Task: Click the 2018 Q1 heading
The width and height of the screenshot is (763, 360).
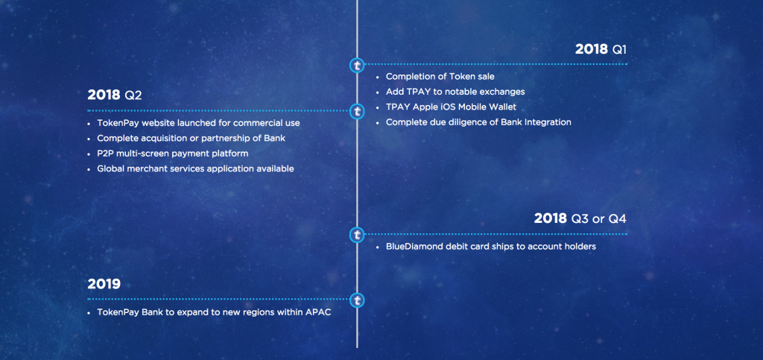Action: [601, 49]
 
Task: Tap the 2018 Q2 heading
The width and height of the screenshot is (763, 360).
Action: [115, 95]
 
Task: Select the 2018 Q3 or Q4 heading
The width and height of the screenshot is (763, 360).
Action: [580, 218]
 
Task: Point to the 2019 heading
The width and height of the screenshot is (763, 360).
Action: [104, 284]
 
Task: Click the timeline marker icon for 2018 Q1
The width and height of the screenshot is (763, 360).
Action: [357, 64]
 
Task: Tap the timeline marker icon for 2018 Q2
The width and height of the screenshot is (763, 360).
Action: [357, 111]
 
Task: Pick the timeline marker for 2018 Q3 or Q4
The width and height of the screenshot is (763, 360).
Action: [357, 235]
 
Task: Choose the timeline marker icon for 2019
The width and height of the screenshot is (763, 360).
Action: [357, 300]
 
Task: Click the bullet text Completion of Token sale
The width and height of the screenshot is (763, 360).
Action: [440, 76]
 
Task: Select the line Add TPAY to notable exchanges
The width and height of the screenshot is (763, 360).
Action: [455, 92]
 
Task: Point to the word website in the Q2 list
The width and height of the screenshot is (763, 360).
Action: [156, 123]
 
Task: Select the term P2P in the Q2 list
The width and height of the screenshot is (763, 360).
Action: [105, 154]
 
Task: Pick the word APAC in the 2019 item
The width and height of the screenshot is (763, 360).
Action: [318, 312]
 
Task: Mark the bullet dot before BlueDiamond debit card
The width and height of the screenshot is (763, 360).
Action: [378, 247]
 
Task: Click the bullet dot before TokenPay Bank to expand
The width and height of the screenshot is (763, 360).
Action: [89, 313]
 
